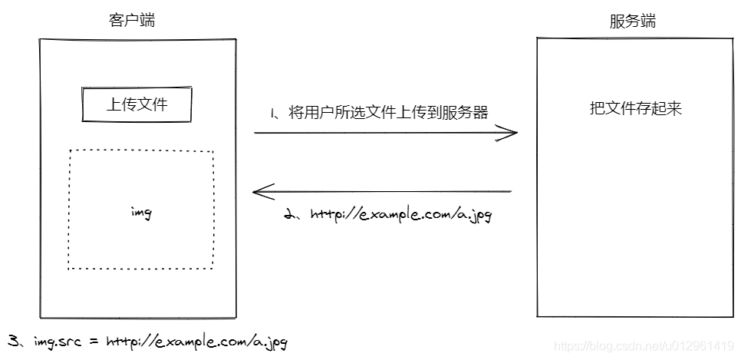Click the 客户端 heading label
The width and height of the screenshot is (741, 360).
pos(132,20)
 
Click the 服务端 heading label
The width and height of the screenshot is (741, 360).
pos(632,21)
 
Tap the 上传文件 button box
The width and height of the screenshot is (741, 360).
pos(137,105)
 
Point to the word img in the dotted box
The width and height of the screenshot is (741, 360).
pos(141,213)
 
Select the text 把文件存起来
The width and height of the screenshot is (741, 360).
pos(636,108)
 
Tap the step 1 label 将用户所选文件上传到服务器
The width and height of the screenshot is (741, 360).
pos(388,113)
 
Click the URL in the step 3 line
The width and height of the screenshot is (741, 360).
pos(196,341)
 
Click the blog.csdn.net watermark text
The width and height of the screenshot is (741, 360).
pos(644,346)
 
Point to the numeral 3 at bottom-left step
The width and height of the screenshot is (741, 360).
pos(12,340)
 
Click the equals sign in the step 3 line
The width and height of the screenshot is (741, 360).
pos(93,341)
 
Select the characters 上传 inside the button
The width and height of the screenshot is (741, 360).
pos(117,105)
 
